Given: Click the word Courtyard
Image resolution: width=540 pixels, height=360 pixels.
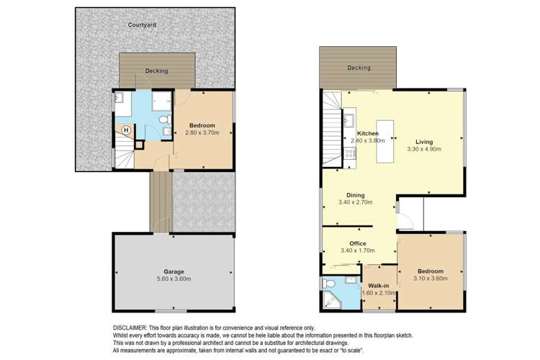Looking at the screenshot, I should [x=143, y=24].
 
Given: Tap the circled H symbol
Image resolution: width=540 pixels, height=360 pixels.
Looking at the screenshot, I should [x=126, y=130].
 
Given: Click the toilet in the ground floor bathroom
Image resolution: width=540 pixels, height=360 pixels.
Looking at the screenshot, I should [x=165, y=119].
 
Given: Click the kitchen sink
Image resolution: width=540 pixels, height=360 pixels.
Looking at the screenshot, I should [x=348, y=120].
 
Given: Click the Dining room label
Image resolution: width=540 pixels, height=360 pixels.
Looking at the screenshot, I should [x=355, y=195].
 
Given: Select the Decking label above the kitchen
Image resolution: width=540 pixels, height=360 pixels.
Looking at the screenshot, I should [x=359, y=68].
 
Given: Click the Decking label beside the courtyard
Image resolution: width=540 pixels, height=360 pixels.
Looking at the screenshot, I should [x=156, y=71].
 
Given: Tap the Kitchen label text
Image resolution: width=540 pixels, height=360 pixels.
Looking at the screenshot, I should [x=368, y=134].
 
